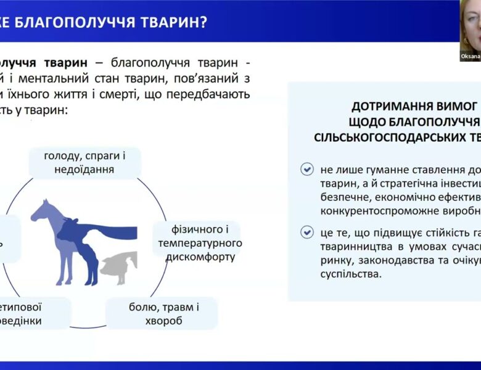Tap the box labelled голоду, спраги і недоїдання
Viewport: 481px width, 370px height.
(85, 162)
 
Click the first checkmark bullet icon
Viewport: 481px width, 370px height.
(306, 170)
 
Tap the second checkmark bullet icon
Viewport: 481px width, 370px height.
(306, 232)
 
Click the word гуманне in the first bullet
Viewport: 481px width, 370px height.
(374, 169)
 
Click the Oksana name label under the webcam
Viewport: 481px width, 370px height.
(470, 56)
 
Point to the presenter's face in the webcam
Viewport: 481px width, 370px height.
(472, 25)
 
